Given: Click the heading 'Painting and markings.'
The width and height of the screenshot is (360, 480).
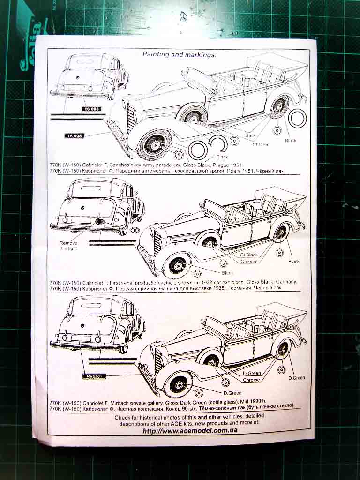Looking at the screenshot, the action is coord(180,54).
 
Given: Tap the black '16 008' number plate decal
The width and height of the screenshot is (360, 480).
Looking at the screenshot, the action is coord(74,136).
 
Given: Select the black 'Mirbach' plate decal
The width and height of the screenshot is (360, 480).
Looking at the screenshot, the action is coord(94,376).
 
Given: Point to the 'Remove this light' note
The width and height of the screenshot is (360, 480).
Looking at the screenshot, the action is coord(69,246).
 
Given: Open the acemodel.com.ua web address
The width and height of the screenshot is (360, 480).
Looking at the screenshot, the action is coord(190,431).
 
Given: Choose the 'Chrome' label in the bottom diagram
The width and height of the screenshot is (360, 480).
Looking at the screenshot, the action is coord(251,380).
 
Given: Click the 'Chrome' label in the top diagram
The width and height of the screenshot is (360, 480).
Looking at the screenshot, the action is coord(261,144).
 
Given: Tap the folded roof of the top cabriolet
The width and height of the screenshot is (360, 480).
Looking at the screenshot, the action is coord(276,65).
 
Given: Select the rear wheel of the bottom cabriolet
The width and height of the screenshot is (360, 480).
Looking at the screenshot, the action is coord(282,349).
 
